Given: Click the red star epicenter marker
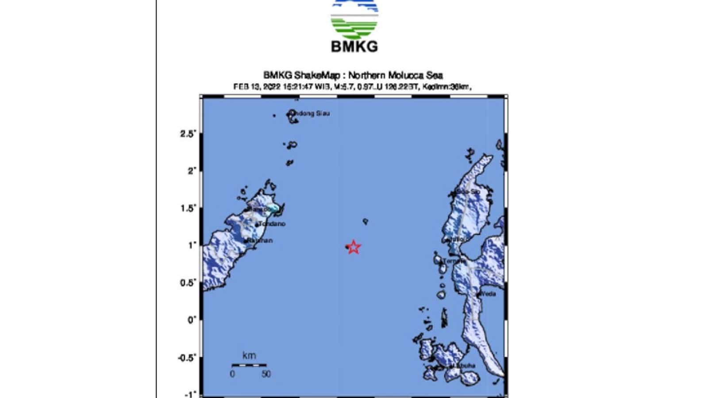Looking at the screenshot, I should click(353, 247).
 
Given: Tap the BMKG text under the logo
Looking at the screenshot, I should click(354, 46).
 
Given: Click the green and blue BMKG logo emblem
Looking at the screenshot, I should click(354, 18).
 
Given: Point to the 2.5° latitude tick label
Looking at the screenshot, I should click(188, 134).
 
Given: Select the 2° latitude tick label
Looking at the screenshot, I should click(191, 171).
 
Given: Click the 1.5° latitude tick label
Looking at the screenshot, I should click(188, 208).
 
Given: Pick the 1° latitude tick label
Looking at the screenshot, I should click(192, 245).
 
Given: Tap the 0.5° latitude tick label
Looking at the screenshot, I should click(188, 283).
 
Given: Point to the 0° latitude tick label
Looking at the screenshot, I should click(191, 320).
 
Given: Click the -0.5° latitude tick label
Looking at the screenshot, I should click(186, 357).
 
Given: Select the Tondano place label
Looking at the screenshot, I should click(272, 224).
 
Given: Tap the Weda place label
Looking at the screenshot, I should click(488, 294).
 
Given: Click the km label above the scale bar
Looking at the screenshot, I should click(249, 356).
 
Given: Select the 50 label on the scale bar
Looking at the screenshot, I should click(265, 374).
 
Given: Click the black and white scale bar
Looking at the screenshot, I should click(249, 365).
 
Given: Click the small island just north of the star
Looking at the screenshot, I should click(365, 221).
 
